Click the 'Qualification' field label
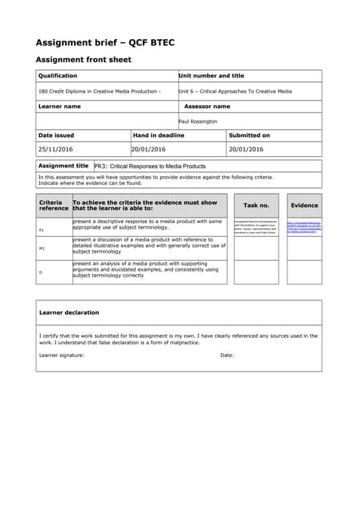[x=58, y=76]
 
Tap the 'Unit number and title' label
[x=211, y=76]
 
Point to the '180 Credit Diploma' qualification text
[x=99, y=91]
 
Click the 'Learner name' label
[x=60, y=106]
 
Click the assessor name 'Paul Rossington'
[x=198, y=121]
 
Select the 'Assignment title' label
[x=64, y=166]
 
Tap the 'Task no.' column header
[x=256, y=206]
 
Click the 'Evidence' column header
[x=304, y=206]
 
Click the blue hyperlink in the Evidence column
[x=304, y=226]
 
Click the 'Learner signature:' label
[x=61, y=355]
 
